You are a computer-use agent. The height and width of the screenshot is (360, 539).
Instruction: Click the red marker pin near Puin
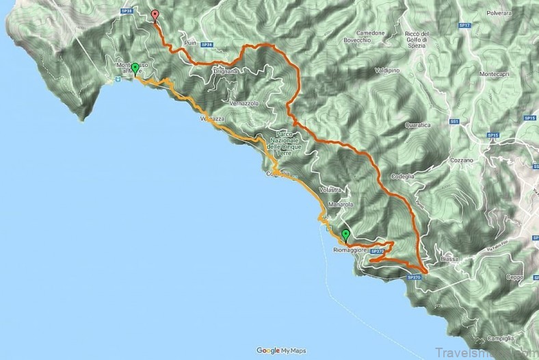click(155, 16)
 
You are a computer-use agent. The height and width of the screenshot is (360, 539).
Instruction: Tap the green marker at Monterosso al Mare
click(135, 68)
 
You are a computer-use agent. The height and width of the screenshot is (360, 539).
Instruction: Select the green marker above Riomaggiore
click(345, 235)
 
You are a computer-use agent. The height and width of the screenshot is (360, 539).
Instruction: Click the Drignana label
click(226, 70)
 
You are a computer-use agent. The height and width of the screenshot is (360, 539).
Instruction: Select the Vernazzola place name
click(244, 103)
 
